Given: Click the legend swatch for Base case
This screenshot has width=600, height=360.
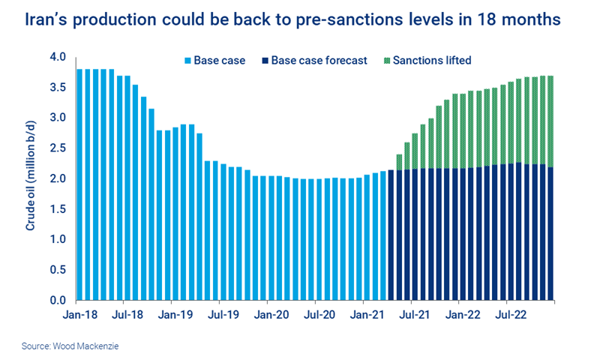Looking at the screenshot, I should click(188, 60).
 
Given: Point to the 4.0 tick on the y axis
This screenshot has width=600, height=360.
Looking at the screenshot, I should click(58, 57).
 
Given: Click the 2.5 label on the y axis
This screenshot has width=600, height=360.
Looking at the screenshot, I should click(58, 148).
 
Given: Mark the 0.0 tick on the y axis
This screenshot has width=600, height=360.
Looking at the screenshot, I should click(58, 301).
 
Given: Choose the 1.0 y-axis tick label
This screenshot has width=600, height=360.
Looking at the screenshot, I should click(58, 240).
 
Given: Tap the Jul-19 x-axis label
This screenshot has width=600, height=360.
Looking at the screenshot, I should click(223, 315).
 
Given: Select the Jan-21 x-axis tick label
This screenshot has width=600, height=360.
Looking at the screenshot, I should click(367, 315).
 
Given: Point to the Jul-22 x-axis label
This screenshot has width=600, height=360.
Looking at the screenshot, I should click(512, 315).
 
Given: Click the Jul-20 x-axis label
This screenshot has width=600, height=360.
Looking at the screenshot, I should click(319, 315).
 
